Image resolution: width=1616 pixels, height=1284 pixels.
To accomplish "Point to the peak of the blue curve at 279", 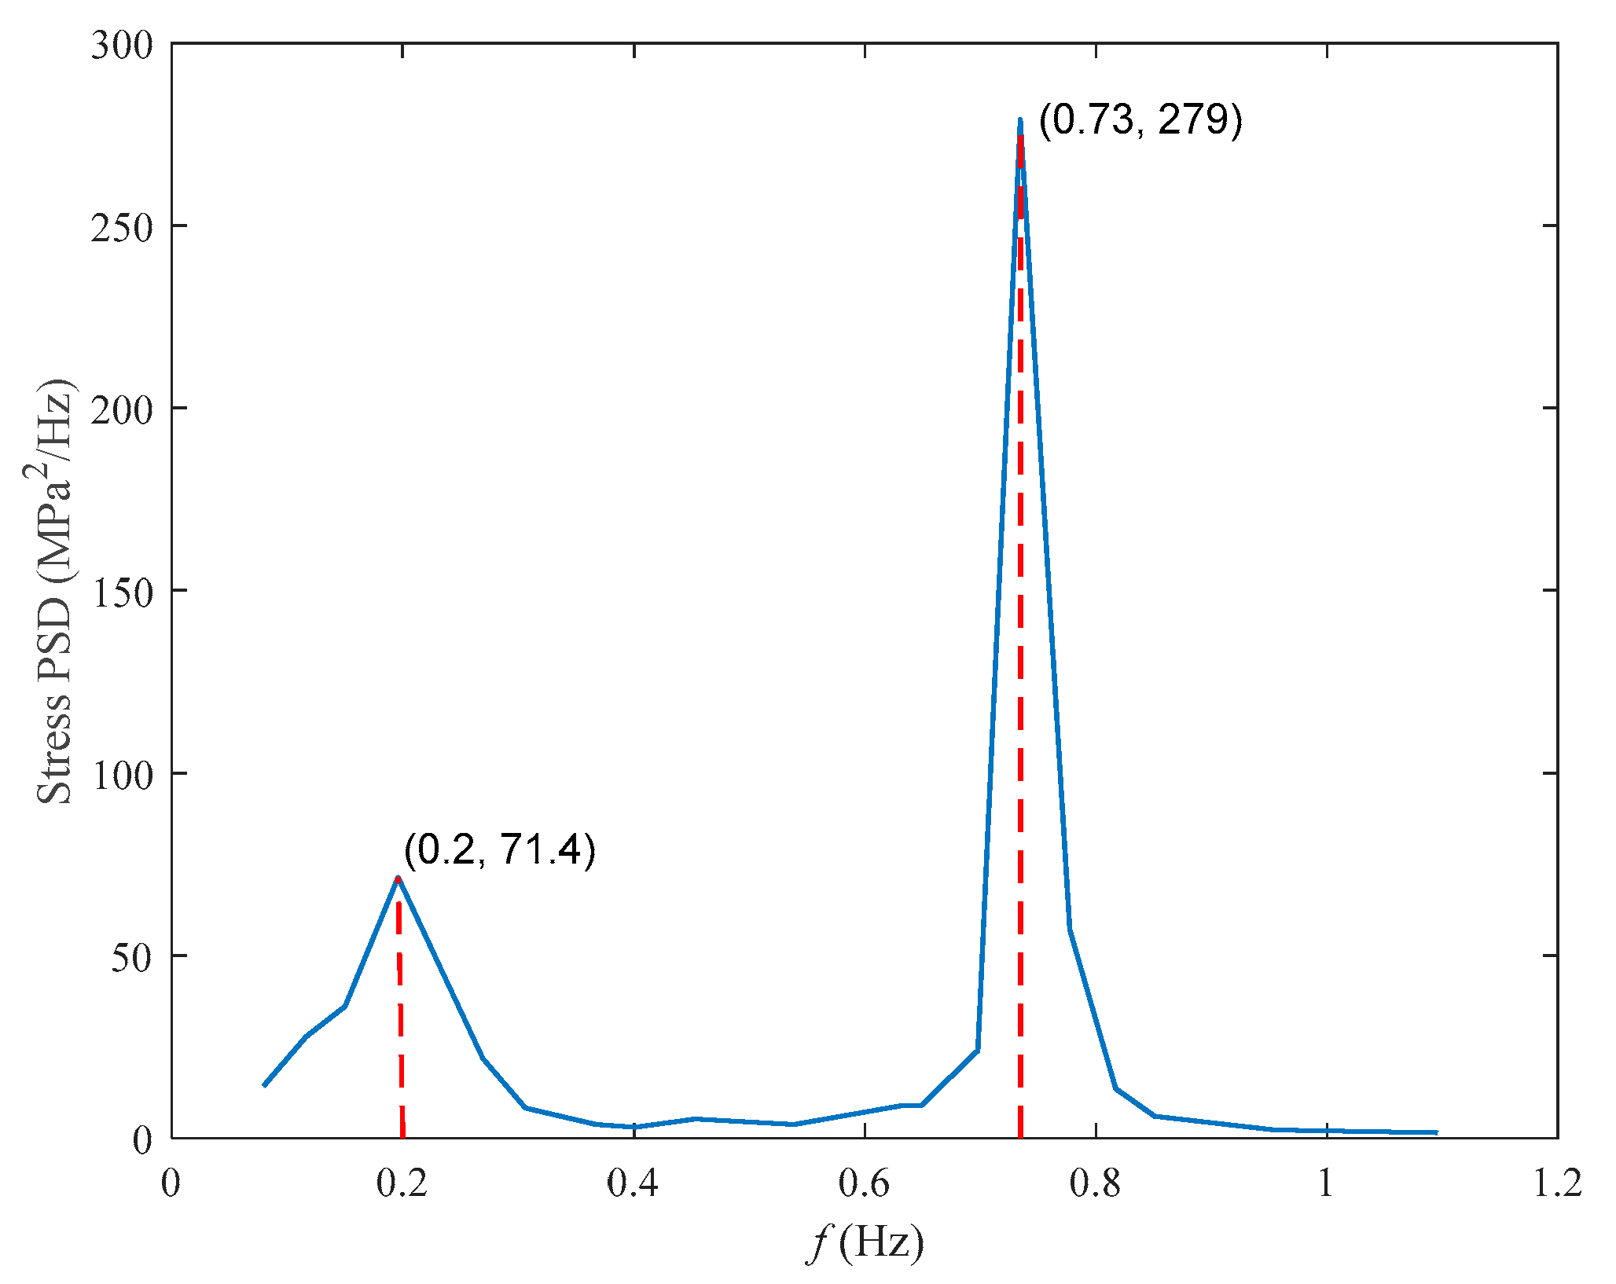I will click(x=1019, y=121).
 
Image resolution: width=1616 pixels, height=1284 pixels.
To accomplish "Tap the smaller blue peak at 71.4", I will click(x=398, y=878).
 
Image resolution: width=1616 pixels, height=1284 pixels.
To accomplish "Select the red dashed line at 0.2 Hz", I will click(x=400, y=1022).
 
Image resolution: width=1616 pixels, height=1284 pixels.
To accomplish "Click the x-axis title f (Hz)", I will click(x=865, y=1244).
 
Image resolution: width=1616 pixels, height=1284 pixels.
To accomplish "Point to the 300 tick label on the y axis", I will click(x=122, y=45).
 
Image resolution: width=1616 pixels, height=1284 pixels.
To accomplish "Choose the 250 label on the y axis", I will click(x=122, y=227).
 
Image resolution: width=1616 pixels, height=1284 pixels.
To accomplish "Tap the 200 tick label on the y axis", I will click(x=122, y=409).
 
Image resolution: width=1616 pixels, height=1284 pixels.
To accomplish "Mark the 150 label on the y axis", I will click(x=122, y=592).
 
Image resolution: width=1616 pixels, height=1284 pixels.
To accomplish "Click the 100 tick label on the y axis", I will click(x=122, y=774).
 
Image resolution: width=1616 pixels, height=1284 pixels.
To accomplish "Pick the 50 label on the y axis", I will click(x=131, y=956).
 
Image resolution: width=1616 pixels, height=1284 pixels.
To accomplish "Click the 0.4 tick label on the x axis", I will click(x=634, y=1183).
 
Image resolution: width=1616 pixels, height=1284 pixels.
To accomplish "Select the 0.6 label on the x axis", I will click(x=865, y=1183).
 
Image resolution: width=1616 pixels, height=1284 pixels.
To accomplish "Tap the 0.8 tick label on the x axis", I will click(x=1096, y=1183).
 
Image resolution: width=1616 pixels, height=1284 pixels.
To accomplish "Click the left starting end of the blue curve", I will click(x=265, y=1085).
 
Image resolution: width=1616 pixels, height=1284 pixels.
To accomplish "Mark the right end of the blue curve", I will click(x=1436, y=1132).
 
